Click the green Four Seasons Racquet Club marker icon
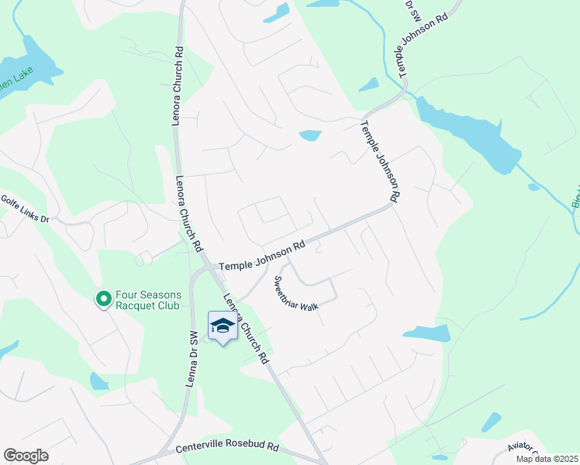103,298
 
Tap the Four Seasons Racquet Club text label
147,300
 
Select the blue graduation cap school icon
223,326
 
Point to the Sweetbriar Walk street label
295,293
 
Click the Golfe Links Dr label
24,209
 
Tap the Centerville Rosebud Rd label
226,447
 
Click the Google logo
26,456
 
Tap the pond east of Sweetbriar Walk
426,333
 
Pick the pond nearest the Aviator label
491,422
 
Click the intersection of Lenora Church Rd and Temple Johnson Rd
208,268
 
